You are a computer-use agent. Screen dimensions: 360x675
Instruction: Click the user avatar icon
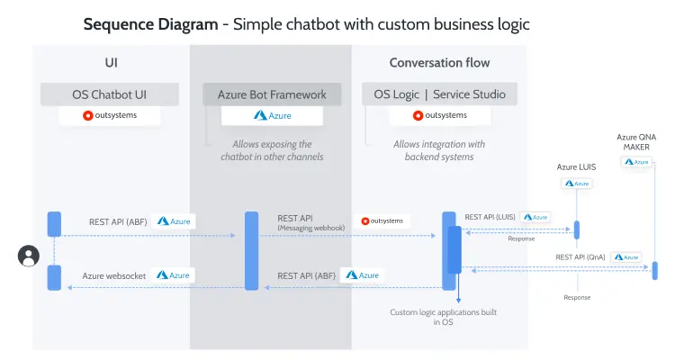coord(29,256)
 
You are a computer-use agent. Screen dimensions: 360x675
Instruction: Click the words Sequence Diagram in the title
coord(151,24)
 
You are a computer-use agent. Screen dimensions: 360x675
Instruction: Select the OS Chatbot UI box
coord(111,94)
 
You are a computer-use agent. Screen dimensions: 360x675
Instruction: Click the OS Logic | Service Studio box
coord(433,94)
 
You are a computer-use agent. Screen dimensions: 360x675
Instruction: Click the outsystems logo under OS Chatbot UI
coord(110,115)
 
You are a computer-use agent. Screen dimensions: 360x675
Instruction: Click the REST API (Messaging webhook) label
coord(305,222)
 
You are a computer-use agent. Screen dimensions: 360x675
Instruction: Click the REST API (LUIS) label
coord(490,217)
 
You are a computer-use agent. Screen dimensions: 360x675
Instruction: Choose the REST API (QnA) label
coord(580,256)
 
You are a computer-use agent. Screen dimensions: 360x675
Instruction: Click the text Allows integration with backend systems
coord(439,150)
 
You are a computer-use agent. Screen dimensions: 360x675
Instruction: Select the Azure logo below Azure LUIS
coord(577,183)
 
